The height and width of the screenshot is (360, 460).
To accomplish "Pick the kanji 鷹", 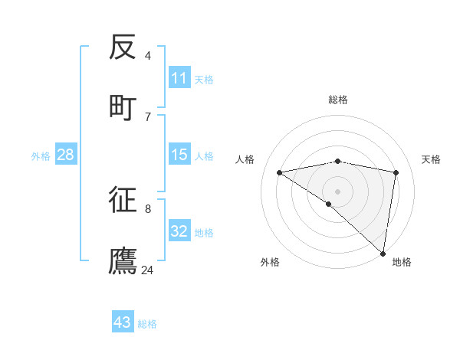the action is coord(123,260).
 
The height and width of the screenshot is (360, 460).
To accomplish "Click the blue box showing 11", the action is coord(179,78).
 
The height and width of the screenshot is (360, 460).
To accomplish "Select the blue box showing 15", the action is coord(179,155).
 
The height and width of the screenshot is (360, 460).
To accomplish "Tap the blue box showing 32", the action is coord(179,231).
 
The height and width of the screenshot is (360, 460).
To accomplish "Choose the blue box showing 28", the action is coord(66,155).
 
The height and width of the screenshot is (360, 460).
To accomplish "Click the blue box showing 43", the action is coord(123,322).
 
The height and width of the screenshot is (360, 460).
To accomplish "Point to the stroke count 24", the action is coord(147,270).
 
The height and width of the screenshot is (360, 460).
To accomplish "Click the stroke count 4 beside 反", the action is coord(147,55).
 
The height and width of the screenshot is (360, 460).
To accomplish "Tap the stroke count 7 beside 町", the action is coord(147,116).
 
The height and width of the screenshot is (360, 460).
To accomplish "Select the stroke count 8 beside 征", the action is coord(147,208).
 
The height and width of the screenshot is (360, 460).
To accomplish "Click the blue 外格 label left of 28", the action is coord(41,155).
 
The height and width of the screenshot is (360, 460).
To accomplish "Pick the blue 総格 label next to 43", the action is coord(147,323).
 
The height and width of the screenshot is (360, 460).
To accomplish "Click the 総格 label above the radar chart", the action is coord(338,100).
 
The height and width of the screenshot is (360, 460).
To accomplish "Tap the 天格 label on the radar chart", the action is coord(431,159).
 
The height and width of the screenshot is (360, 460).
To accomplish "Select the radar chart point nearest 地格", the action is coord(383,253).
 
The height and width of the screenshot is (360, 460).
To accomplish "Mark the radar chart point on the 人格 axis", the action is coord(280,172).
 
